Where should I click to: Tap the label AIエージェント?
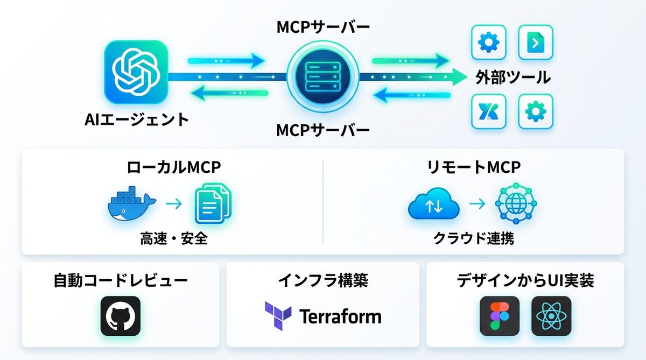[x=137, y=119]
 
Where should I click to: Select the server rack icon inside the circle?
[x=323, y=76]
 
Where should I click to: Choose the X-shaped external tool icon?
[x=488, y=111]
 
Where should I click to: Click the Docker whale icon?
[x=131, y=204]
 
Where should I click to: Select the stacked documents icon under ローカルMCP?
[x=212, y=204]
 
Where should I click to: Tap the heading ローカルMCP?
[x=174, y=167]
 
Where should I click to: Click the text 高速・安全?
[x=174, y=238]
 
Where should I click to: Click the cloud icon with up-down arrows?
[x=434, y=205]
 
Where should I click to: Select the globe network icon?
[x=516, y=205]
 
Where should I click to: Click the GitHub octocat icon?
[x=120, y=316]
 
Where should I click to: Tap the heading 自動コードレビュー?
[x=121, y=280]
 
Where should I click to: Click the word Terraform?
[x=340, y=316]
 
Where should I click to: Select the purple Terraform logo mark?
[x=278, y=315]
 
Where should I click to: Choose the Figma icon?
[x=500, y=316]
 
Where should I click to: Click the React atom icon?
[x=551, y=316]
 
